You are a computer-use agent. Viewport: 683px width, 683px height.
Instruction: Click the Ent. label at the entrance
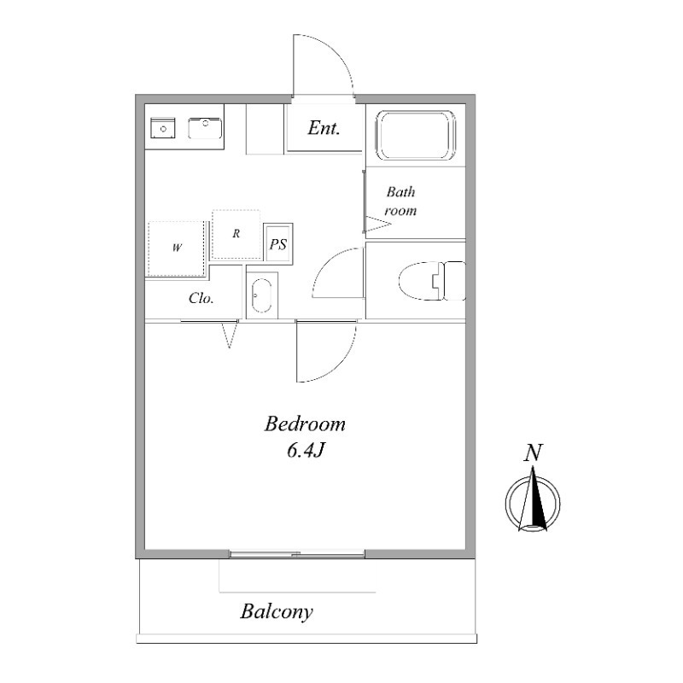pyautogui.click(x=324, y=127)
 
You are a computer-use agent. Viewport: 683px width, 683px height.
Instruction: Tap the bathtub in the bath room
pyautogui.click(x=416, y=136)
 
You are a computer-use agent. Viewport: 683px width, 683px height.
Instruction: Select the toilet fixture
pyautogui.click(x=432, y=281)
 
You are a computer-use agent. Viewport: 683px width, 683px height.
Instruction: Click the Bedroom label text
pyautogui.click(x=305, y=423)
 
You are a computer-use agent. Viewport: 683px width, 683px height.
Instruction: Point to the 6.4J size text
pyautogui.click(x=306, y=451)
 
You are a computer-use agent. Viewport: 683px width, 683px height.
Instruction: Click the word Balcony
pyautogui.click(x=277, y=612)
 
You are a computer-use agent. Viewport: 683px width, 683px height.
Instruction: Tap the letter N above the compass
pyautogui.click(x=533, y=453)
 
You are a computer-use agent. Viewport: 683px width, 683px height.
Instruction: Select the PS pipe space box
pyautogui.click(x=278, y=244)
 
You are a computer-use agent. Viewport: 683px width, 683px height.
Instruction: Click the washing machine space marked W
pyautogui.click(x=176, y=248)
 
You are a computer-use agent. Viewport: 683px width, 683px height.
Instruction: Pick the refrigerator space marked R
pyautogui.click(x=236, y=234)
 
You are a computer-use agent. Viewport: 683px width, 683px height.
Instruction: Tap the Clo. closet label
pyautogui.click(x=201, y=298)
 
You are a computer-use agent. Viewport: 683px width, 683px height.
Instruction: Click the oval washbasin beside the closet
pyautogui.click(x=261, y=295)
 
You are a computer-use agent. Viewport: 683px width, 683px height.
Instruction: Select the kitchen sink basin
pyautogui.click(x=205, y=129)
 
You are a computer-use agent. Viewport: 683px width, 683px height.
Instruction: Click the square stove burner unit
pyautogui.click(x=163, y=128)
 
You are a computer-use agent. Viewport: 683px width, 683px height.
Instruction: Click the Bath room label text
pyautogui.click(x=400, y=201)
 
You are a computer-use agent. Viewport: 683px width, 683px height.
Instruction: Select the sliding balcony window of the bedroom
pyautogui.click(x=297, y=554)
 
